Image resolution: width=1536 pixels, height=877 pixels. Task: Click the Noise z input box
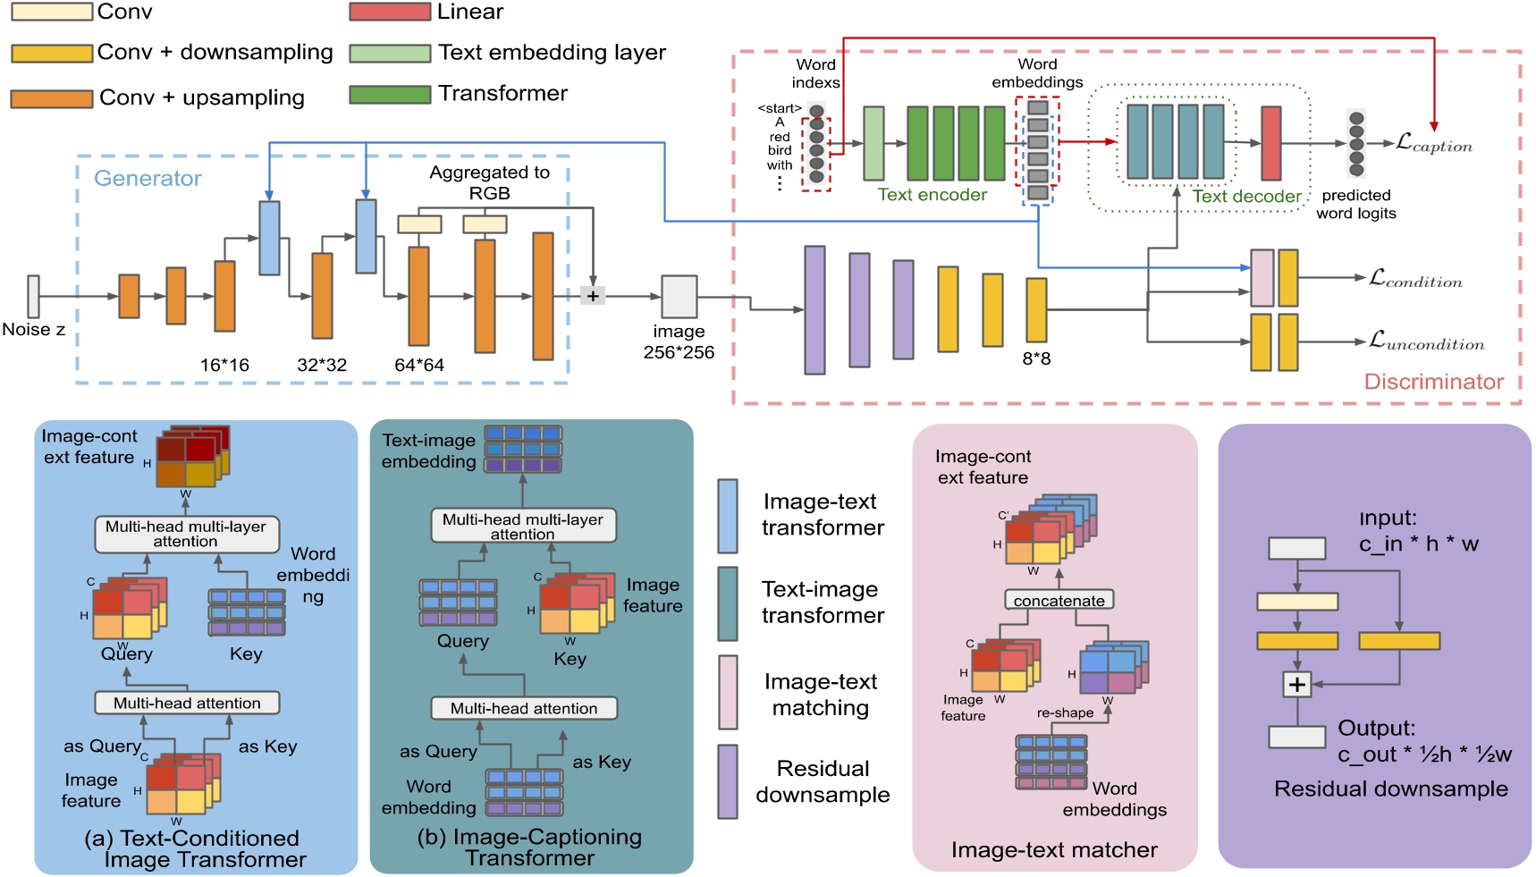(x=33, y=296)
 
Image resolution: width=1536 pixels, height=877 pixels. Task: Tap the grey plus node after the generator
(x=592, y=295)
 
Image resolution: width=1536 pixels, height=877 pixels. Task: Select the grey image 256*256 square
(x=679, y=297)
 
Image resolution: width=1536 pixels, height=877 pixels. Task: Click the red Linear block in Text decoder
(x=1270, y=143)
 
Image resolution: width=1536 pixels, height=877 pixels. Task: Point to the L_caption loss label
(x=1433, y=144)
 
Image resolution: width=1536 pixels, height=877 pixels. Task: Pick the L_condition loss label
(x=1415, y=279)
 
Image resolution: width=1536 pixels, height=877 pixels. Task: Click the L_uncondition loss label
(x=1426, y=342)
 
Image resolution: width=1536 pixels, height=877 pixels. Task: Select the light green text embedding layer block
(x=873, y=143)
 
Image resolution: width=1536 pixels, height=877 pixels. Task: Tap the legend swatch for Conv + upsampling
(x=51, y=98)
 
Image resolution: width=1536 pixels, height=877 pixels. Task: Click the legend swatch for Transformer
(x=390, y=94)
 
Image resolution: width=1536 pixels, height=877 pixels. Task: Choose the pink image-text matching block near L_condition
(x=1261, y=278)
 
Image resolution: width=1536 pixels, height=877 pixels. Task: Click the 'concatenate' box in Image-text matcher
(x=1059, y=600)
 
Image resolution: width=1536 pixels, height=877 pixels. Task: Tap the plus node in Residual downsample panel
(x=1296, y=685)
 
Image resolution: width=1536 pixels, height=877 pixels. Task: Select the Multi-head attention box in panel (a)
(x=187, y=703)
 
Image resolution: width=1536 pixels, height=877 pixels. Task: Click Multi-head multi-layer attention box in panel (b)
(x=523, y=526)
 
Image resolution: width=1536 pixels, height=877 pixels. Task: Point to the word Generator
(x=148, y=178)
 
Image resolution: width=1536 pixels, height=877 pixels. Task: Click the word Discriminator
(x=1433, y=382)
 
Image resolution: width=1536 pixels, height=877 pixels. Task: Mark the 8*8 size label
(x=1036, y=358)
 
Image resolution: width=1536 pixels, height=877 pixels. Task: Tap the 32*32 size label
(x=321, y=365)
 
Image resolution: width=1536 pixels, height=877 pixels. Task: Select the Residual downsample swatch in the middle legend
(x=728, y=781)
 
